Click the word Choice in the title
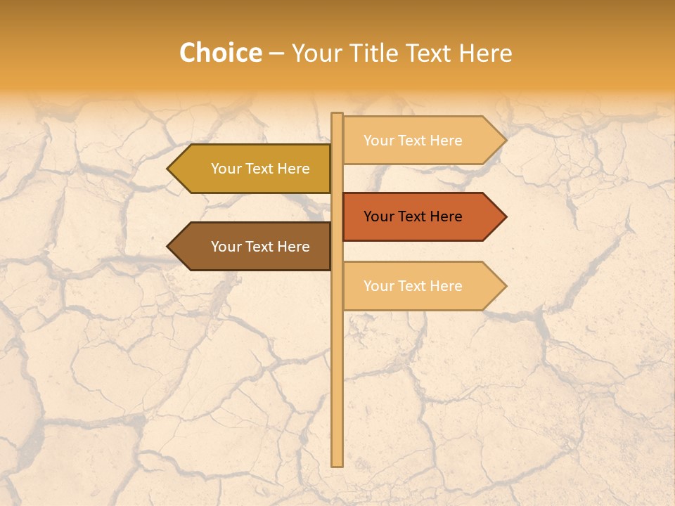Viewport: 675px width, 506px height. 220,53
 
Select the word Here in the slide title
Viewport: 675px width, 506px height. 485,53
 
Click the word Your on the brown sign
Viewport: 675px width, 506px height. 226,247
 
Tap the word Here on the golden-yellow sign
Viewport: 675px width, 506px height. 294,169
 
